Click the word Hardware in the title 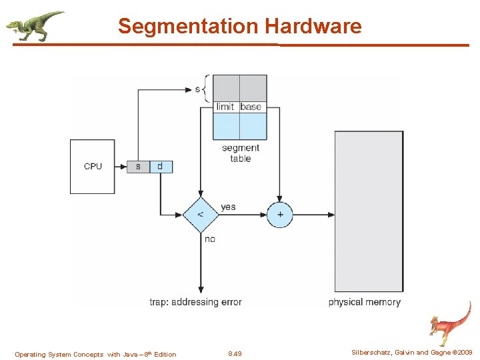(x=313, y=27)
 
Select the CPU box (x=93, y=166)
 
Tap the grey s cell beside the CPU (x=138, y=166)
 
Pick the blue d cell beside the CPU (x=161, y=166)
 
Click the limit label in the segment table (x=225, y=107)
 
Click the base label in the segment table (x=251, y=107)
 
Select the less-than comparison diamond (x=201, y=215)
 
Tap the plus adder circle (x=280, y=215)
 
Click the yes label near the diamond (x=228, y=207)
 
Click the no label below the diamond (x=209, y=239)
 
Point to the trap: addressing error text (x=195, y=302)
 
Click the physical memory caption (x=365, y=302)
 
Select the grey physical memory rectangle (x=369, y=211)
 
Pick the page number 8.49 (x=235, y=354)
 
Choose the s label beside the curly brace (x=197, y=89)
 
